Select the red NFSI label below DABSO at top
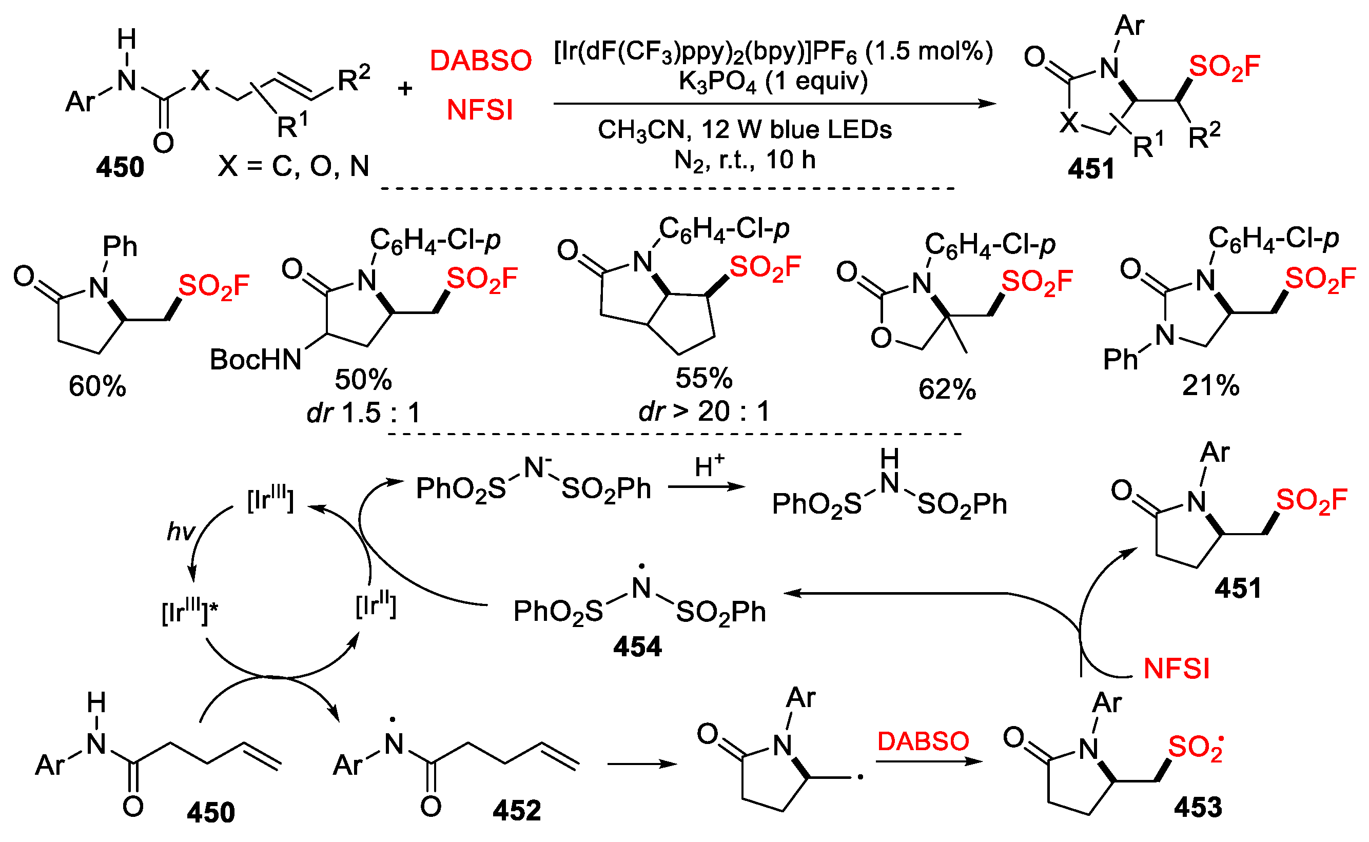click(479, 109)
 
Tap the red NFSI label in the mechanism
click(1176, 668)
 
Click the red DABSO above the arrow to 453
click(923, 741)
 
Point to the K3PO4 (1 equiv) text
click(773, 81)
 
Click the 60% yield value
click(97, 385)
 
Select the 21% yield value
click(1210, 385)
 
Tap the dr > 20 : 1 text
click(705, 412)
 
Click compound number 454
click(637, 647)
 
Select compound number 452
click(516, 810)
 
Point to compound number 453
click(1198, 807)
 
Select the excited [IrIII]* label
click(189, 612)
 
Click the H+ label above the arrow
click(709, 465)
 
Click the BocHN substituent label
click(256, 359)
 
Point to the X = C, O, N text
click(294, 165)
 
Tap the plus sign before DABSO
click(405, 88)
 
